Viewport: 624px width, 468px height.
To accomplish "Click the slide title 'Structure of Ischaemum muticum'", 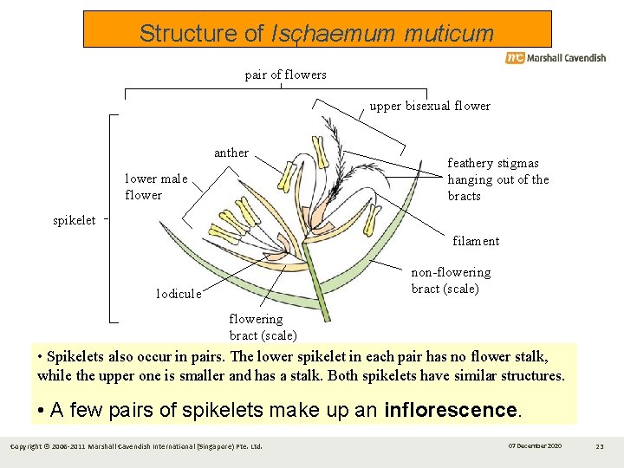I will pos(316,33).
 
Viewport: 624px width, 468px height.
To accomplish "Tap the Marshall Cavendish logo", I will pos(556,58).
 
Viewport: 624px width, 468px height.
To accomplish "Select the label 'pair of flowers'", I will pos(286,75).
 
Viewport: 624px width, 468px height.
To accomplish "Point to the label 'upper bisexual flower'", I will pos(430,106).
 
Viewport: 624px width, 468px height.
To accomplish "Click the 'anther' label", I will pos(231,153).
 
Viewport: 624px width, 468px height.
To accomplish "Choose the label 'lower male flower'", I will pos(156,187).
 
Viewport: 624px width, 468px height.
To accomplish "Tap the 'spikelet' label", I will pos(75,220).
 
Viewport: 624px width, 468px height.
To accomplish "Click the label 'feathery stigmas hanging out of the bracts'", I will pos(497,179).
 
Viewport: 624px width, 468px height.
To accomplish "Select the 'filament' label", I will pos(476,241).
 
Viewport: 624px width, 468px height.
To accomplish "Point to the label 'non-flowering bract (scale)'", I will pos(451,281).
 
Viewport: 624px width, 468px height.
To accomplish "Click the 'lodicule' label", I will pos(179,294).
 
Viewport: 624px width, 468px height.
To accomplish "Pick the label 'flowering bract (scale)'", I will pos(263,327).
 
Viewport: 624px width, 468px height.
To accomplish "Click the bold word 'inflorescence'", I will pos(450,409).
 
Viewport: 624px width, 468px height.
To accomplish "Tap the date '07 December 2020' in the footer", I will pos(535,445).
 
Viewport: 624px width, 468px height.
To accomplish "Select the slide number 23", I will pos(600,445).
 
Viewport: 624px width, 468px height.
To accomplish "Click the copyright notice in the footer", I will pos(135,446).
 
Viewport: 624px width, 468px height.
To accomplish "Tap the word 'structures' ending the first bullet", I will pos(533,375).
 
